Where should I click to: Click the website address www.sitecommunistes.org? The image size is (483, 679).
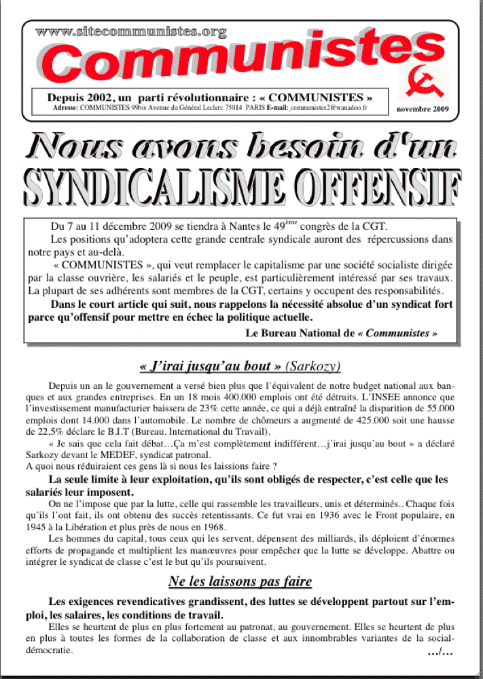click(130, 31)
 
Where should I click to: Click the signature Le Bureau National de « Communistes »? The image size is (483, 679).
click(341, 333)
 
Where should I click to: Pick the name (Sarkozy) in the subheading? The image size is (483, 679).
click(313, 366)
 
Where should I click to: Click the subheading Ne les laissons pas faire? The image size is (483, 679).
click(240, 581)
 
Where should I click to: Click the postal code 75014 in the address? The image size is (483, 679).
click(232, 108)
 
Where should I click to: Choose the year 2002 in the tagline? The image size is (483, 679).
click(92, 97)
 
